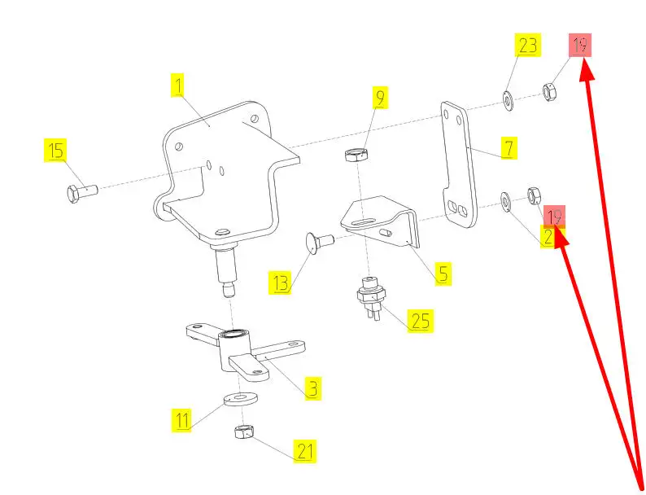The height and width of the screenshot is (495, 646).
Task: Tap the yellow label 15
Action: tap(55, 151)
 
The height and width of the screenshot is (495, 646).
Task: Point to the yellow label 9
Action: tap(380, 98)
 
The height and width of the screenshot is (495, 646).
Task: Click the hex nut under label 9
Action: tap(356, 155)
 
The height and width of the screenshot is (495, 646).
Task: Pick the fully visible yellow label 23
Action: tap(528, 46)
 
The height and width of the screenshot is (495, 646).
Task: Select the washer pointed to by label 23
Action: tap(507, 100)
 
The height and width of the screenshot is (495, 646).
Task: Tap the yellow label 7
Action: tap(508, 148)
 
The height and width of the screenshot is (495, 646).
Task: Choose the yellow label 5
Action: tap(442, 273)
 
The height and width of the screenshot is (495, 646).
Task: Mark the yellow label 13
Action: tap(281, 283)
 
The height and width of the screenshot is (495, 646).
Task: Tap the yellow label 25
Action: tap(420, 320)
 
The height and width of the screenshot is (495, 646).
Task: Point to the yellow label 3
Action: tap(312, 388)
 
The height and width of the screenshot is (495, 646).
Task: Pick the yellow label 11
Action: tap(182, 420)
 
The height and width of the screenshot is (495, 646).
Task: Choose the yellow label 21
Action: tap(305, 450)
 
